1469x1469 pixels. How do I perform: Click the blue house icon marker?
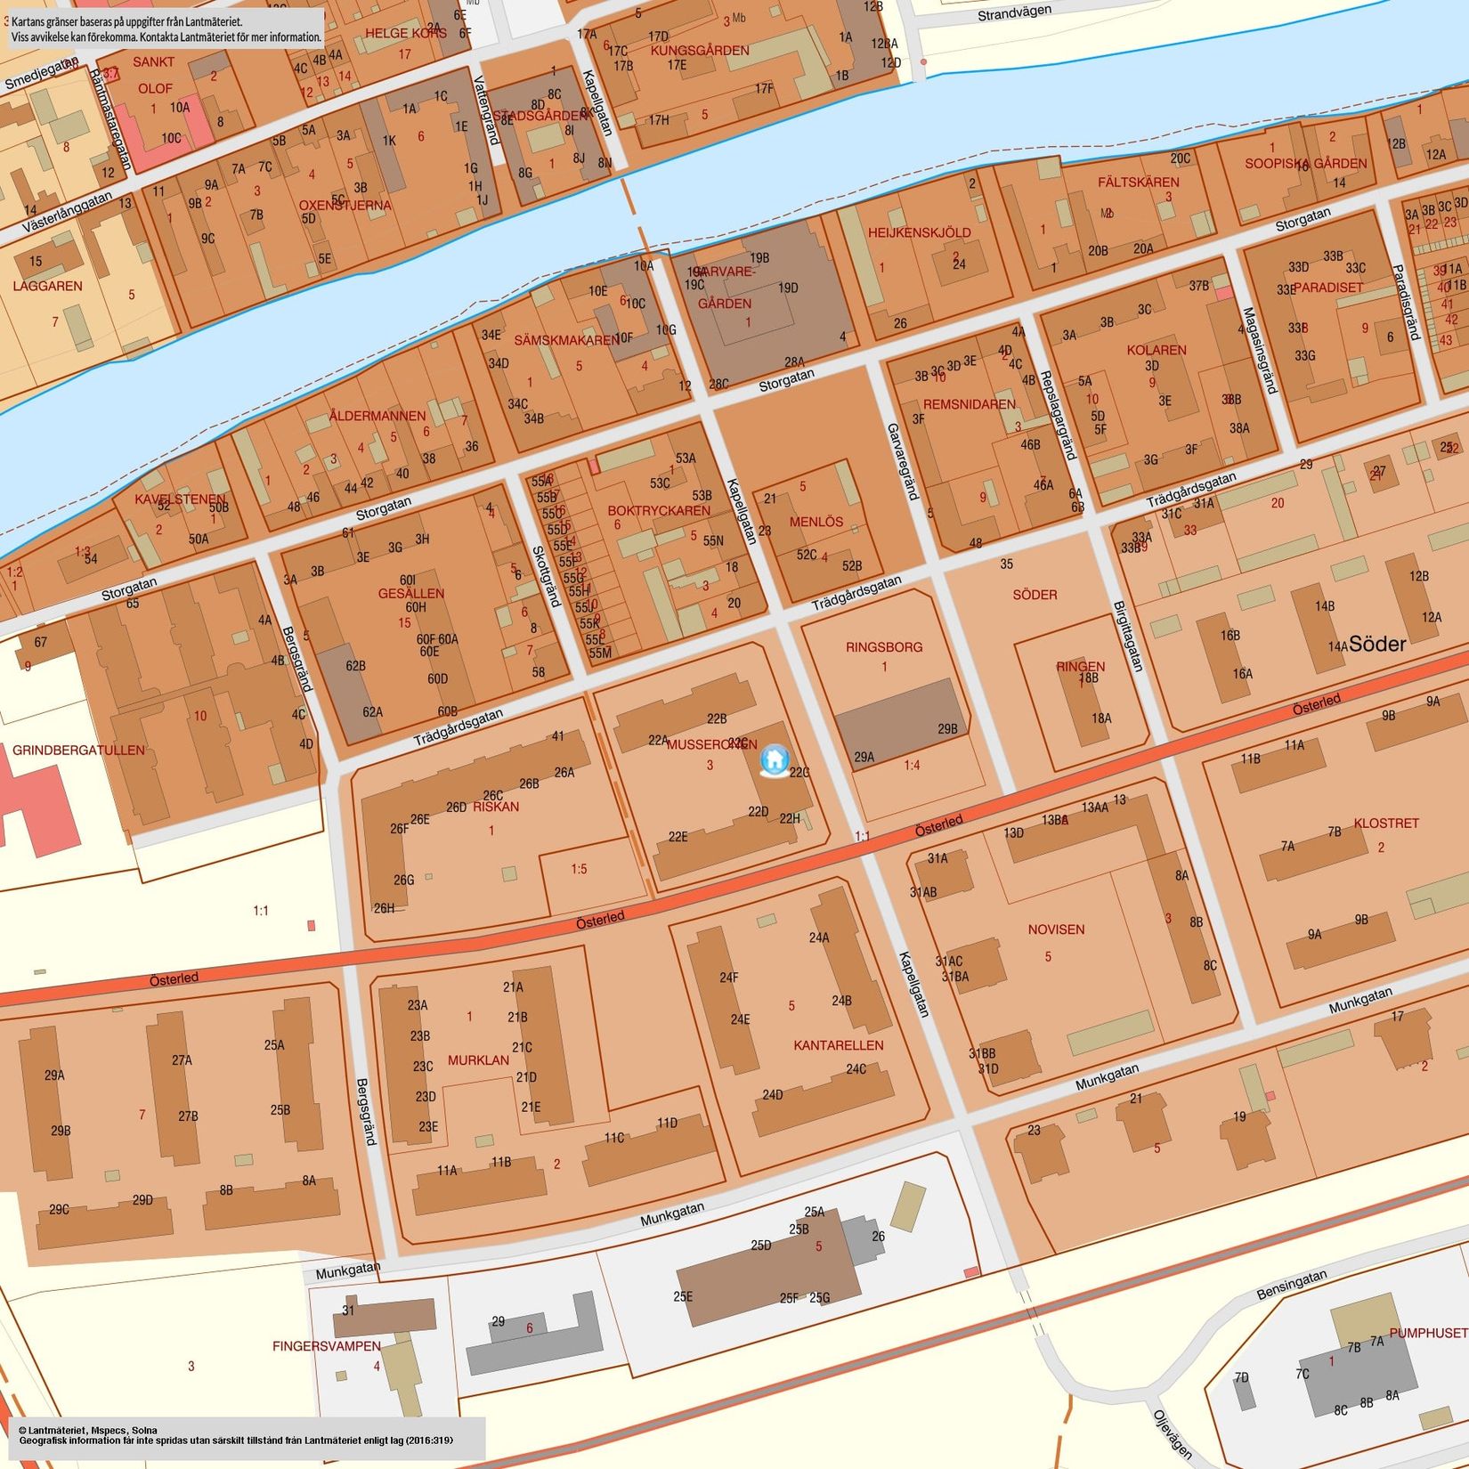774,760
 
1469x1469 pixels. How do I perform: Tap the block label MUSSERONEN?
711,744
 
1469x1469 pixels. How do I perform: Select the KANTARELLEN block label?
838,1045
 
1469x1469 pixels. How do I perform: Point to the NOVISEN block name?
1056,929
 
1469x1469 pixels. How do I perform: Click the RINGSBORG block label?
884,647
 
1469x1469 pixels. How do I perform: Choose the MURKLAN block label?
478,1060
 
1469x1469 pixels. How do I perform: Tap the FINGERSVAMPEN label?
327,1346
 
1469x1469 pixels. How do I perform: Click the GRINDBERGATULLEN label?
78,751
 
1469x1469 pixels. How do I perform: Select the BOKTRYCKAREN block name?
659,511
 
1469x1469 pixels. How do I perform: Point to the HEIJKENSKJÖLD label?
920,233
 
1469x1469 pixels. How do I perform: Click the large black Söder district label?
1377,645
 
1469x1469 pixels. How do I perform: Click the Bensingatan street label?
1292,1284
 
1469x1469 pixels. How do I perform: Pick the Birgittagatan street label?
1128,637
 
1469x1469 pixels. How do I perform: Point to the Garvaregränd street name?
902,461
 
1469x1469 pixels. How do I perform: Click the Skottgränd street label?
546,576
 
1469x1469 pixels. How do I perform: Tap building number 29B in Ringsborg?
947,728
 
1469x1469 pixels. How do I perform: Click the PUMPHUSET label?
1428,1333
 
